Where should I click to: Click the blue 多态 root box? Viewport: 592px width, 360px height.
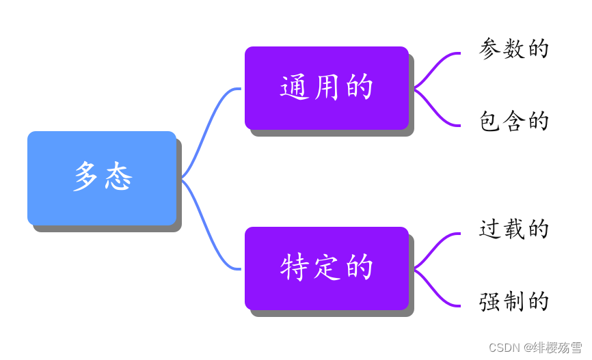(102, 178)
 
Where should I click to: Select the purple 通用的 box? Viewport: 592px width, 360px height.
(326, 87)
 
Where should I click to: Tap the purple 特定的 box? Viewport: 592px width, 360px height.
(326, 268)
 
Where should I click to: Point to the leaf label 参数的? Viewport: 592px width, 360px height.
(514, 49)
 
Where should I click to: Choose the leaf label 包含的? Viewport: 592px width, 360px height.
(514, 122)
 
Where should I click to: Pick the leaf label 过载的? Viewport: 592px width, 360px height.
(514, 230)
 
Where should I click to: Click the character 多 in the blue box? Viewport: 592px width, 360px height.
(86, 178)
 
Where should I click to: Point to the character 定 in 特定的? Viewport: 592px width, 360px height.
(327, 268)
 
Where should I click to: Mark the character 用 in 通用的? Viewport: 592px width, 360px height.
(327, 87)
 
